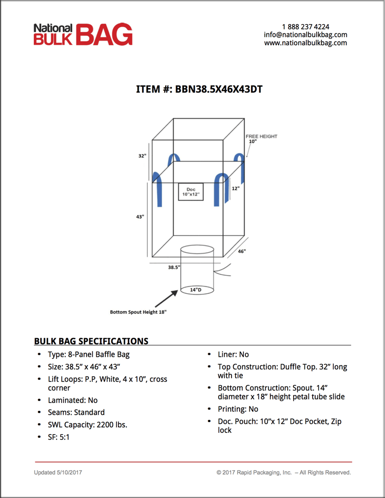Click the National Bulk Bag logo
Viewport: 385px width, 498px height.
(83, 34)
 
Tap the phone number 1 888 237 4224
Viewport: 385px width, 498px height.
(305, 27)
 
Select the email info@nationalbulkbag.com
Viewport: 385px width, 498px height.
(305, 35)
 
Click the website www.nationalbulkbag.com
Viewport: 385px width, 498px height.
(305, 43)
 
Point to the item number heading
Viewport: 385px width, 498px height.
(199, 89)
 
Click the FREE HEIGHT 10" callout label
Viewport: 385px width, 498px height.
(261, 139)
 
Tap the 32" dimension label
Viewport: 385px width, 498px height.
(142, 156)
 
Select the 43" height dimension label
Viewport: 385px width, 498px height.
(140, 217)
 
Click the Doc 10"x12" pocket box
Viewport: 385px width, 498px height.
(190, 193)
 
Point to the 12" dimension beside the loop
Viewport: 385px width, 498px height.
(235, 188)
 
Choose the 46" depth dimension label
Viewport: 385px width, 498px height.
(241, 252)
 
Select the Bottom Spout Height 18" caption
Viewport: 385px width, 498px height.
(138, 312)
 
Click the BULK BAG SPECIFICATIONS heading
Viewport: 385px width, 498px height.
(91, 341)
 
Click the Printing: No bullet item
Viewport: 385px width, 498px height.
(238, 409)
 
